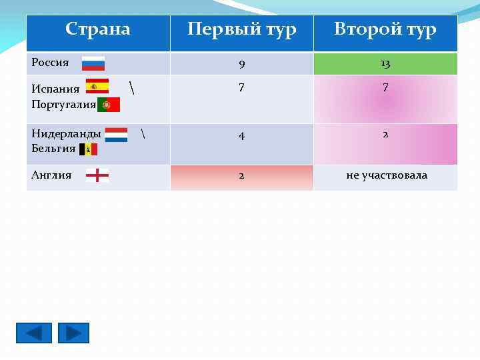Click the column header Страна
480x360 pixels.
pos(98,29)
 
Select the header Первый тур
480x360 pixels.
pos(241,30)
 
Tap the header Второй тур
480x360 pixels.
pos(385,30)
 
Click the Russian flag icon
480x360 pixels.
pos(93,63)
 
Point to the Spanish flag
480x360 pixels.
pos(97,87)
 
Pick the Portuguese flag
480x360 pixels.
pos(109,105)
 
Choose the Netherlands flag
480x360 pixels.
pos(116,135)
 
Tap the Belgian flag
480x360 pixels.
pos(88,149)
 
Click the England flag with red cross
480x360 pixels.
pos(97,176)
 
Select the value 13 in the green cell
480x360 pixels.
pos(385,64)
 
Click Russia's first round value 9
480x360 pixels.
pos(241,65)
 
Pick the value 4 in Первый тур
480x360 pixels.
pos(241,135)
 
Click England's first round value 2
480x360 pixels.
pos(241,176)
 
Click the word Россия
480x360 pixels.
pos(51,63)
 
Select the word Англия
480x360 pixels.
pos(52,175)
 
